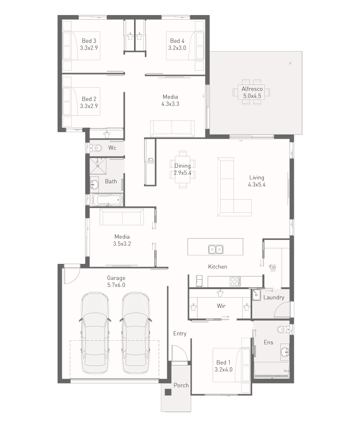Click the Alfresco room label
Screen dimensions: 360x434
[x=252, y=89]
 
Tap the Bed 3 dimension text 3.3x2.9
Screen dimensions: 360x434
[x=89, y=48]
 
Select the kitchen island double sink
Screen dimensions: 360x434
[x=216, y=249]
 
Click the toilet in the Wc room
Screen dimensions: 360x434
[x=97, y=148]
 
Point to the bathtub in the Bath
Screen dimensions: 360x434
[x=107, y=200]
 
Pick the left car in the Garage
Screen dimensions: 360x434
[x=95, y=332]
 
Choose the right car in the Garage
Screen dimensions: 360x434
[x=135, y=332]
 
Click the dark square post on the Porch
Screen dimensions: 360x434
[x=168, y=392]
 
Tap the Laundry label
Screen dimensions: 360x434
[x=274, y=298]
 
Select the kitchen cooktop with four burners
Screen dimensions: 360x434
[x=235, y=282]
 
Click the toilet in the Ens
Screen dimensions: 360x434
[x=283, y=329]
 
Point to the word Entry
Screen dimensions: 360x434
[x=180, y=334]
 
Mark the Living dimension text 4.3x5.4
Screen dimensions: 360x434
[x=257, y=185]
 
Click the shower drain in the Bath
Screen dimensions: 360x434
[x=98, y=166]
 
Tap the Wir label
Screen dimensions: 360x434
[x=221, y=306]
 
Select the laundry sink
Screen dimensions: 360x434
[x=256, y=295]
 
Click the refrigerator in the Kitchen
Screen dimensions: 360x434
[x=199, y=281]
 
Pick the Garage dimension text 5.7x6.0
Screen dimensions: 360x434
[x=116, y=285]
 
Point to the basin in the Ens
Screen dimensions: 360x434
[x=285, y=352]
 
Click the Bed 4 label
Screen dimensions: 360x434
[x=177, y=41]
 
